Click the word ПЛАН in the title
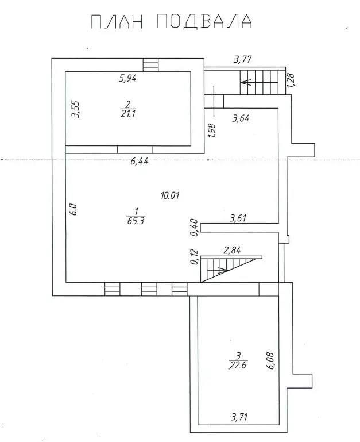[117, 21]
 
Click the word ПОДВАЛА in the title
[204, 21]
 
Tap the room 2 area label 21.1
[128, 113]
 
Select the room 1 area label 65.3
[136, 221]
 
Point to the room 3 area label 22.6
[238, 365]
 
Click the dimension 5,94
[127, 78]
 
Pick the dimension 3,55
[75, 109]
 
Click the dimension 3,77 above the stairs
[243, 60]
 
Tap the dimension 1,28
[291, 80]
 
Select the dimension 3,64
[241, 118]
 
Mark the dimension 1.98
[212, 131]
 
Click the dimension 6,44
[140, 162]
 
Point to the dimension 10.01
[170, 195]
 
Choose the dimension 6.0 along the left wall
[73, 209]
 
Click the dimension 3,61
[238, 218]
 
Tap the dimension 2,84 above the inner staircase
[232, 251]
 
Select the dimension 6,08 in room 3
[270, 360]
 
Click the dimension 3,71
[239, 417]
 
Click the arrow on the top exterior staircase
[259, 82]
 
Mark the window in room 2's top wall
[150, 65]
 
